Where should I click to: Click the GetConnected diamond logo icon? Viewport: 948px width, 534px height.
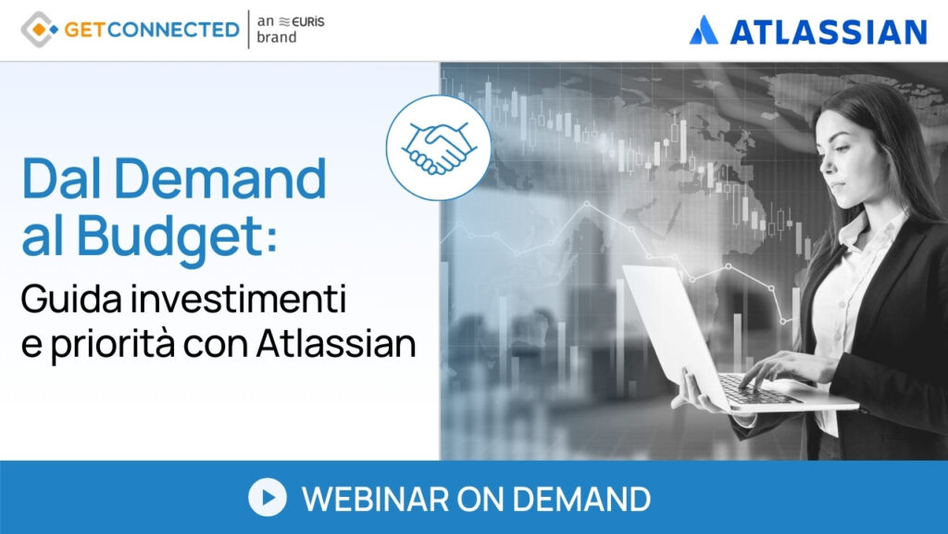click(39, 30)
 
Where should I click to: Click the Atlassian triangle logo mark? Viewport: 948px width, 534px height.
click(705, 31)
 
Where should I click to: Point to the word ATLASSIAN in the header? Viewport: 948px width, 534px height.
click(828, 32)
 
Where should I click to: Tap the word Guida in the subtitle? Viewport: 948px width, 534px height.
click(59, 301)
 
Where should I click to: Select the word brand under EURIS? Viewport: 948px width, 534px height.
click(277, 38)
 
